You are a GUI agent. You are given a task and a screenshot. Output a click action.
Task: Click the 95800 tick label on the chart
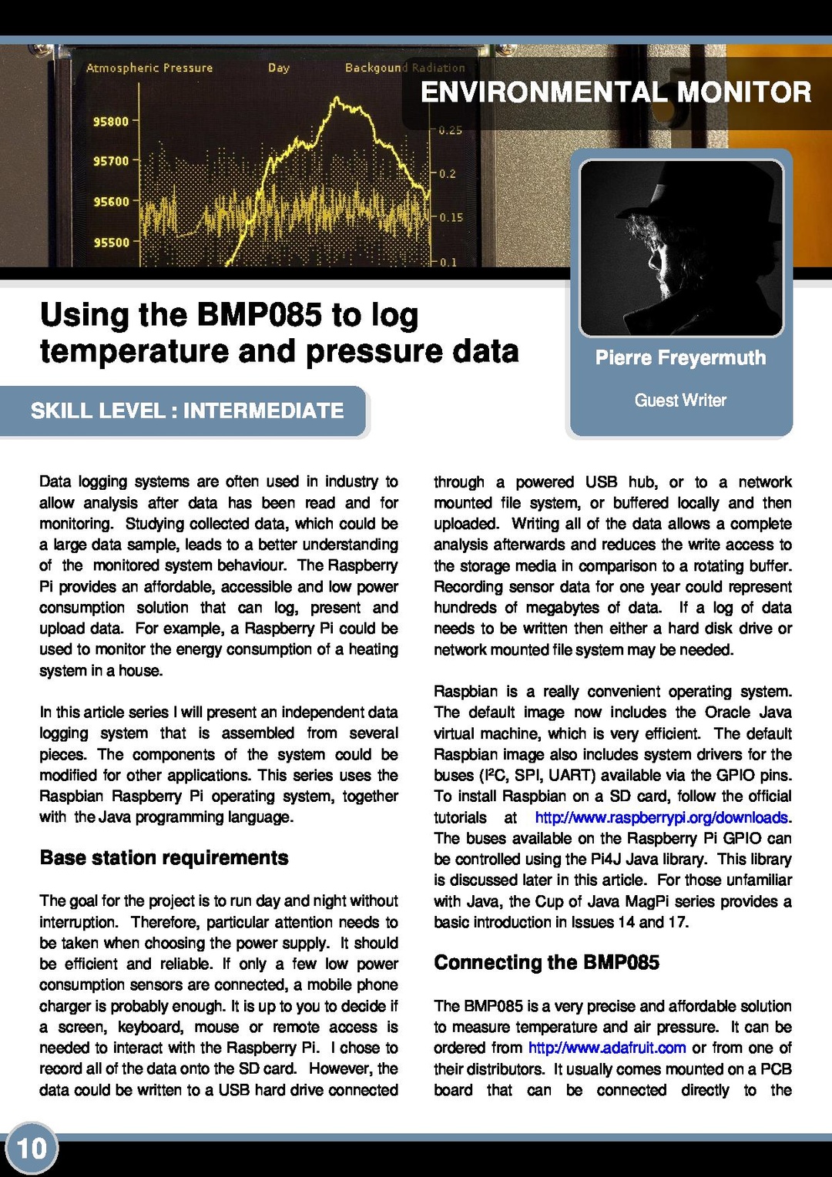(x=111, y=122)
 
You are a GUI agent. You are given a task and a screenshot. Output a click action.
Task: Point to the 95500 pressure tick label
(x=111, y=243)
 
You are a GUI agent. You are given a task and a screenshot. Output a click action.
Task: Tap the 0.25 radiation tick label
(x=451, y=131)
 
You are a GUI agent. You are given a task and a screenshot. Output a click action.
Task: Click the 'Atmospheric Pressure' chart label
(x=149, y=68)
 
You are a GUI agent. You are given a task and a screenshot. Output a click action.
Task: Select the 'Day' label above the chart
(x=279, y=68)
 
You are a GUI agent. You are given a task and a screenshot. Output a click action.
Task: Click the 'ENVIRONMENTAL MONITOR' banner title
(x=616, y=92)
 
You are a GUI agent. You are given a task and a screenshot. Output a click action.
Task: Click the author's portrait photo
(x=681, y=248)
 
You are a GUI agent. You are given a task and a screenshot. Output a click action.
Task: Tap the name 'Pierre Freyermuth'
(x=680, y=358)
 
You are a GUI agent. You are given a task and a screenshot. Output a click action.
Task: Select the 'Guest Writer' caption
(x=680, y=401)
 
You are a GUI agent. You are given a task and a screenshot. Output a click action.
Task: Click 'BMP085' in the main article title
(x=259, y=315)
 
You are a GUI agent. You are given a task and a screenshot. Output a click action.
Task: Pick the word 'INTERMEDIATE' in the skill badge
(x=263, y=411)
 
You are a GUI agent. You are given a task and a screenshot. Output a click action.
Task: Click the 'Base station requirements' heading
(x=164, y=858)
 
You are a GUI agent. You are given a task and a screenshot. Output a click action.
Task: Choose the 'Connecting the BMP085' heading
(x=546, y=963)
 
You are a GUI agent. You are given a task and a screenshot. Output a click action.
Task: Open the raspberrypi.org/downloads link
(x=662, y=817)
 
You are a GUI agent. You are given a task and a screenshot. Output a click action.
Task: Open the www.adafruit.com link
(x=607, y=1048)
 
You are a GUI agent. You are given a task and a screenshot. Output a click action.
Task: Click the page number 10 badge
(x=32, y=1149)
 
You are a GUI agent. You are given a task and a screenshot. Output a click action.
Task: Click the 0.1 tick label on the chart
(x=448, y=263)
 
